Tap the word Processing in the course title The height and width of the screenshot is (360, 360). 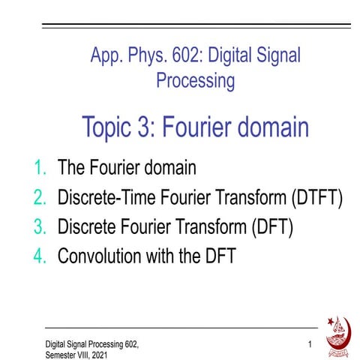195,79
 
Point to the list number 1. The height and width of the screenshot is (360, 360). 40,169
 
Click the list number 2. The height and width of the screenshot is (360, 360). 40,198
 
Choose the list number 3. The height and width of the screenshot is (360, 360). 40,227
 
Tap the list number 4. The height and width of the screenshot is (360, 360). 40,256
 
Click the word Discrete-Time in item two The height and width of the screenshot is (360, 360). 100,198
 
